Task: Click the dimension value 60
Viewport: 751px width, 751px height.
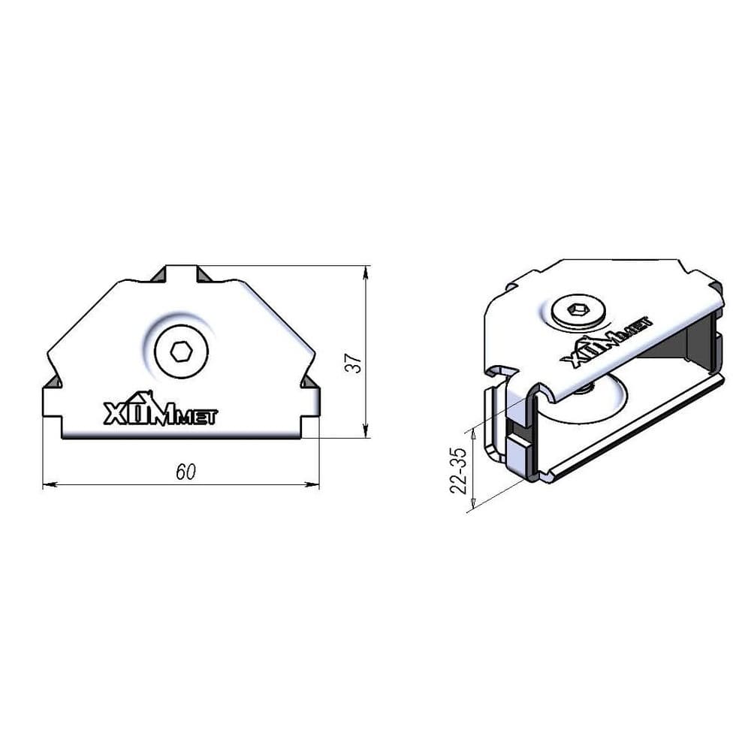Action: coord(185,472)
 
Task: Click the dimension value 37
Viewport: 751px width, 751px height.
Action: coord(354,364)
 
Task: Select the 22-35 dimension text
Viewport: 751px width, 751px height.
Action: coord(458,470)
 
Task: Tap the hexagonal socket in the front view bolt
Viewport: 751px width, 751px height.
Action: coord(182,352)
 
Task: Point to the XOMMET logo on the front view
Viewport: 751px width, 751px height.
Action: coord(161,409)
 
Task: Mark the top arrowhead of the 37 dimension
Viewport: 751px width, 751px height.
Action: coord(366,273)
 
